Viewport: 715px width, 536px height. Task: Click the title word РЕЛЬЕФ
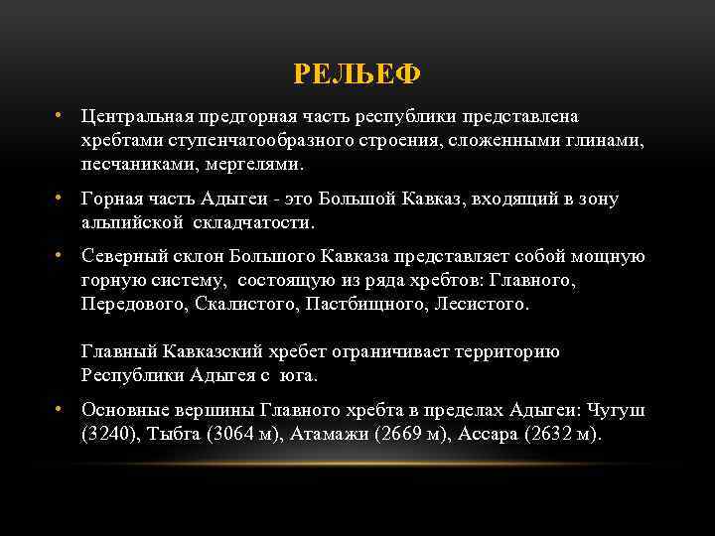click(357, 74)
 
